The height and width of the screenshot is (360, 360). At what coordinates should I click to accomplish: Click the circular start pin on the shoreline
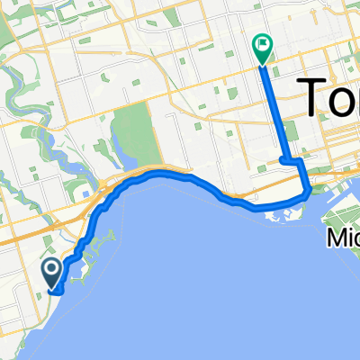pos(51,269)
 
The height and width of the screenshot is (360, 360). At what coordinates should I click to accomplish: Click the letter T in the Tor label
pos(311,96)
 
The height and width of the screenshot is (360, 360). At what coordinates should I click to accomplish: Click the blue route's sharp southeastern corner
pos(310,191)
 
